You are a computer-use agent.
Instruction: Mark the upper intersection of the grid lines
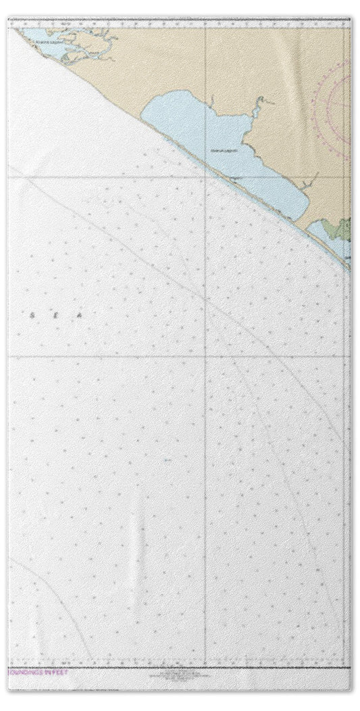pos(205,176)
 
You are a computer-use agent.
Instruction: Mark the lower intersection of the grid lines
pos(205,355)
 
